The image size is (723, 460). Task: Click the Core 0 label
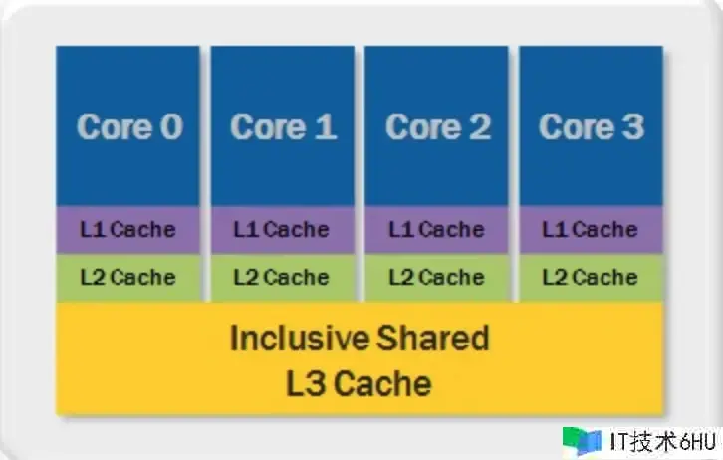click(x=129, y=127)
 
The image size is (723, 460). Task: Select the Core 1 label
click(x=283, y=127)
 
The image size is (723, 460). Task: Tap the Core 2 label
click(x=437, y=127)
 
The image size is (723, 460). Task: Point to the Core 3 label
click(x=591, y=127)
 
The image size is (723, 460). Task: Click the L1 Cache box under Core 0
click(x=127, y=230)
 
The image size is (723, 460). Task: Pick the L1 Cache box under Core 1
click(x=282, y=230)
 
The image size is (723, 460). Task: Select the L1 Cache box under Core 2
click(x=436, y=230)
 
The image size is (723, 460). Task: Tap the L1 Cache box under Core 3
click(x=591, y=230)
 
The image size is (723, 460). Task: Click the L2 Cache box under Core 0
click(x=127, y=278)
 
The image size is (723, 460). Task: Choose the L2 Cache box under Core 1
click(x=282, y=278)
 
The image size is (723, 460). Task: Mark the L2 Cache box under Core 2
click(x=436, y=278)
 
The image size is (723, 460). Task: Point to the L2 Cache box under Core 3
click(x=591, y=278)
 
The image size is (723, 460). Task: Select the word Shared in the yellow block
click(x=434, y=339)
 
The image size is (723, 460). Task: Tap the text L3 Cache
click(x=359, y=383)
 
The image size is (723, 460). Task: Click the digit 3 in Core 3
click(x=631, y=127)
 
